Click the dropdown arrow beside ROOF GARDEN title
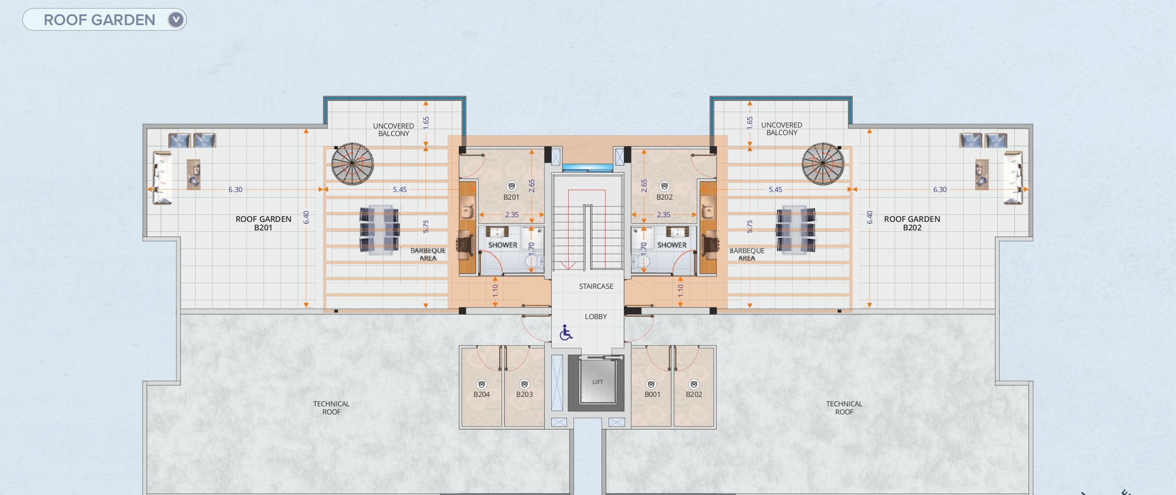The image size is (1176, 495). pyautogui.click(x=176, y=20)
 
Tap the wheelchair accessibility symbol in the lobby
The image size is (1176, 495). pyautogui.click(x=566, y=332)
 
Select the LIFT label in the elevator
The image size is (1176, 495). pyautogui.click(x=598, y=382)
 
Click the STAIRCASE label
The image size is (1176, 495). pyautogui.click(x=596, y=286)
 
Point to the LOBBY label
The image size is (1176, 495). pyautogui.click(x=596, y=317)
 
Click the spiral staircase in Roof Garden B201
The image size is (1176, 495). pyautogui.click(x=352, y=164)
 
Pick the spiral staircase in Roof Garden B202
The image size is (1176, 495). pyautogui.click(x=823, y=164)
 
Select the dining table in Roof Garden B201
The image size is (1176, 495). pyautogui.click(x=379, y=230)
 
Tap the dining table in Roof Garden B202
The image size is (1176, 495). pyautogui.click(x=795, y=230)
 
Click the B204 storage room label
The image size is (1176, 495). pyautogui.click(x=482, y=394)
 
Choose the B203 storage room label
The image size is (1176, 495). pyautogui.click(x=524, y=394)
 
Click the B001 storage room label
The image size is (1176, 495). pyautogui.click(x=652, y=394)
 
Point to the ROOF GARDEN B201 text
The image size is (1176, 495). pyautogui.click(x=263, y=223)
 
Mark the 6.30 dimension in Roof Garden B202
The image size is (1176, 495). pyautogui.click(x=939, y=190)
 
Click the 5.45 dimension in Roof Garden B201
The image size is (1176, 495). pyautogui.click(x=400, y=190)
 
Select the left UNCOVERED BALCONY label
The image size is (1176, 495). pyautogui.click(x=393, y=130)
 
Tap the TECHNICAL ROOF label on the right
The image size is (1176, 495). pyautogui.click(x=844, y=408)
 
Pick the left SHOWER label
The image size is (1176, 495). pyautogui.click(x=502, y=245)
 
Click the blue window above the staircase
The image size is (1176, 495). pyautogui.click(x=587, y=168)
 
